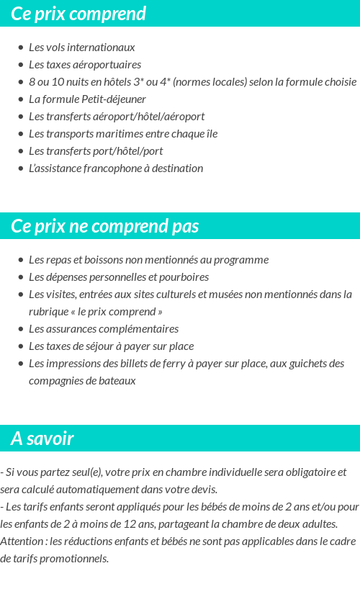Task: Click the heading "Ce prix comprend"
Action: pos(78,14)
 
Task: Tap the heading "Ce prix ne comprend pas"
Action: pos(104,226)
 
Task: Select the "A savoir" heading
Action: pos(42,439)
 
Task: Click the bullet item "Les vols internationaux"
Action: pos(81,48)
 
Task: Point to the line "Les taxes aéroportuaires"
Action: pos(84,65)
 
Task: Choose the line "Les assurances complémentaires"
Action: pos(103,329)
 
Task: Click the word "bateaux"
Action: pos(115,381)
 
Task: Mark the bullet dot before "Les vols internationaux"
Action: pos(21,48)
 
